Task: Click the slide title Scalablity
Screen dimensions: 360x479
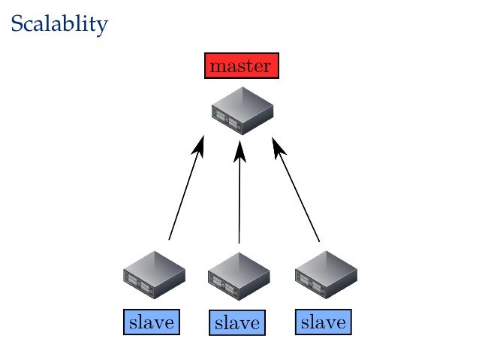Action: [59, 24]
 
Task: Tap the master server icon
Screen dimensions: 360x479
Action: [241, 110]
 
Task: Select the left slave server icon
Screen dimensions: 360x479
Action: [154, 275]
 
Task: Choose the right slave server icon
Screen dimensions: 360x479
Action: [324, 275]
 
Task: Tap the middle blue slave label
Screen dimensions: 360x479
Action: [237, 324]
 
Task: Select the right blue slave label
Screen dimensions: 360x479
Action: [324, 323]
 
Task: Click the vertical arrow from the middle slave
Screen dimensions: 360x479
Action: [239, 195]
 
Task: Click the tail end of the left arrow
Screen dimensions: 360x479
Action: [170, 238]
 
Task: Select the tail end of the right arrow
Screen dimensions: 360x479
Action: [319, 240]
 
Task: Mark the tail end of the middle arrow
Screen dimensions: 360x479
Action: [239, 242]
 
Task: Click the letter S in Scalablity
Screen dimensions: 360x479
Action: [17, 24]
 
